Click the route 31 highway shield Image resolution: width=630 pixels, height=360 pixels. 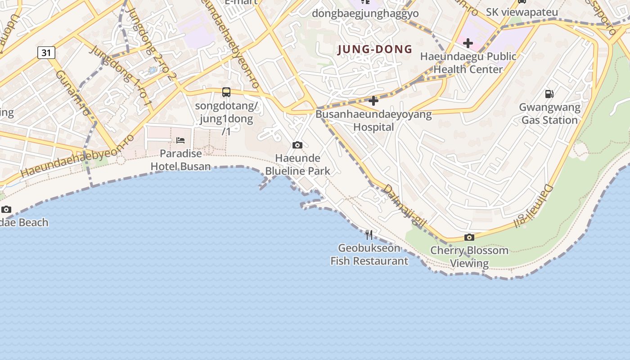(x=46, y=53)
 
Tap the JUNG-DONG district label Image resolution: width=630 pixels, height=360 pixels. (x=375, y=49)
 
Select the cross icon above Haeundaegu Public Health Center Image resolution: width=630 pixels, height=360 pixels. (x=468, y=43)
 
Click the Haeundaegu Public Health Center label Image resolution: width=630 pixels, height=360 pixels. (x=468, y=63)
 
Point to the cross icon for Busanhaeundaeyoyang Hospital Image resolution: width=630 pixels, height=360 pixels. (x=373, y=101)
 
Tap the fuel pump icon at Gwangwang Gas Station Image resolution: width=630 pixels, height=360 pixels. (x=549, y=94)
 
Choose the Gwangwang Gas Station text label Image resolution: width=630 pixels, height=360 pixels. (x=549, y=114)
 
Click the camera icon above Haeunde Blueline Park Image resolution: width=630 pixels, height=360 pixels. (x=297, y=145)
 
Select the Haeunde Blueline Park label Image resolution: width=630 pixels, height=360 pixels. (x=297, y=165)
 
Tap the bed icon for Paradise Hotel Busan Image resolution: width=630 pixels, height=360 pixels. (x=180, y=140)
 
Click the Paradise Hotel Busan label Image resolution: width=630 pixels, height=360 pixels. (x=180, y=160)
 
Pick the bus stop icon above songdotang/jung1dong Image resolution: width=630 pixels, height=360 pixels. (x=226, y=92)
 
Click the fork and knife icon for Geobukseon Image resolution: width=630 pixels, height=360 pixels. (x=369, y=234)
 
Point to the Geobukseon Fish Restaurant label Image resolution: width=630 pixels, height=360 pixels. (x=369, y=254)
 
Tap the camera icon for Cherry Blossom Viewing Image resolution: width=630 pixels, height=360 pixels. (x=469, y=237)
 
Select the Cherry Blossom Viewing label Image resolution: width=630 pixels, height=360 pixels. (x=469, y=256)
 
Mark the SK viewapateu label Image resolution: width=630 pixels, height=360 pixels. (x=522, y=12)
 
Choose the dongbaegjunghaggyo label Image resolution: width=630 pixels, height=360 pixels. (x=365, y=13)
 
